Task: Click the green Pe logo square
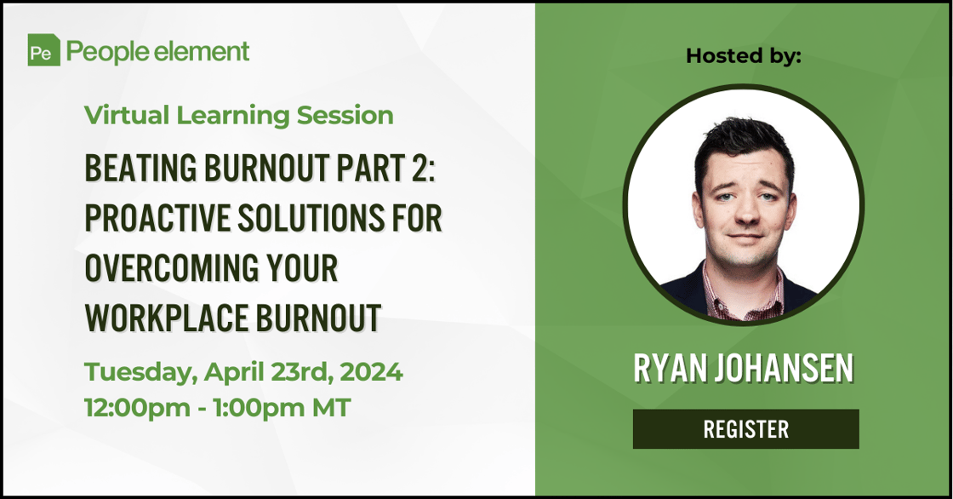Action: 43,50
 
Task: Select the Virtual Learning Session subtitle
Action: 239,115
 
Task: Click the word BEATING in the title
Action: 141,168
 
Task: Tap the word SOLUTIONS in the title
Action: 311,218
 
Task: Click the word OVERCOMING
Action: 167,268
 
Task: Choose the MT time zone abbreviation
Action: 331,407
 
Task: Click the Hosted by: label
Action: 744,56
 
